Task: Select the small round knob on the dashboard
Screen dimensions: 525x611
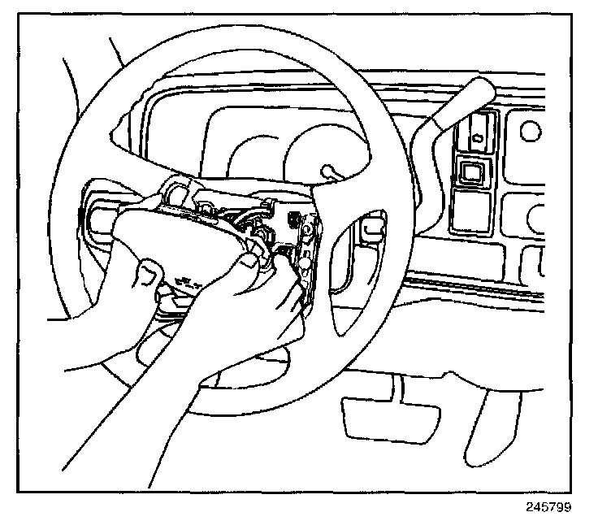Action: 532,129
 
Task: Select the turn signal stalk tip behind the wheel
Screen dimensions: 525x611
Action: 329,172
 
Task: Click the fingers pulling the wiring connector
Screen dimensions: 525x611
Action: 252,268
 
